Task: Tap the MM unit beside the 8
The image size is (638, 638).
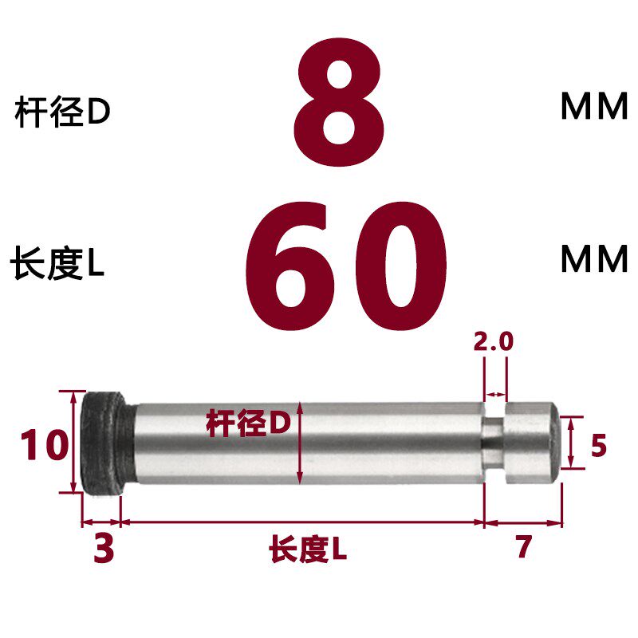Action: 594,108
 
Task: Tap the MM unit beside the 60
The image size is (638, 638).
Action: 594,259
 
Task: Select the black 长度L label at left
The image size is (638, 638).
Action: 57,266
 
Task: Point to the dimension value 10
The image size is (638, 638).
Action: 45,444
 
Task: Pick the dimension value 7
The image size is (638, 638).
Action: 523,548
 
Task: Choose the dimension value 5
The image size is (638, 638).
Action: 599,446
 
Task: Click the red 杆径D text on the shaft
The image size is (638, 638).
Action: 248,423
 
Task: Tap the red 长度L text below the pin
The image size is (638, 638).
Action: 308,549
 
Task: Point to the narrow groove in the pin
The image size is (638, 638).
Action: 495,442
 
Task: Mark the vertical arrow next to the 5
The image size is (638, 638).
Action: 570,443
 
